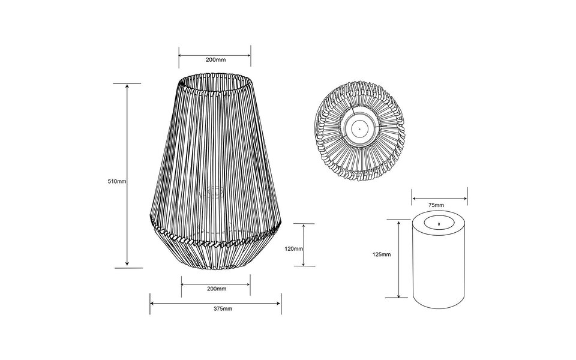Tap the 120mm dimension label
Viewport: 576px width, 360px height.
294,248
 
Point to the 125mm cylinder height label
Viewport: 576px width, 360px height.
382,254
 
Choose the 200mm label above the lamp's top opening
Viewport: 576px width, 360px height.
215,61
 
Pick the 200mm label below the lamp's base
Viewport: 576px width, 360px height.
216,289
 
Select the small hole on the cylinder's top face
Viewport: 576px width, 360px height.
439,224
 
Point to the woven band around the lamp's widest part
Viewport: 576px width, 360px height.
215,240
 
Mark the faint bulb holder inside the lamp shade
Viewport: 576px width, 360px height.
214,193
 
